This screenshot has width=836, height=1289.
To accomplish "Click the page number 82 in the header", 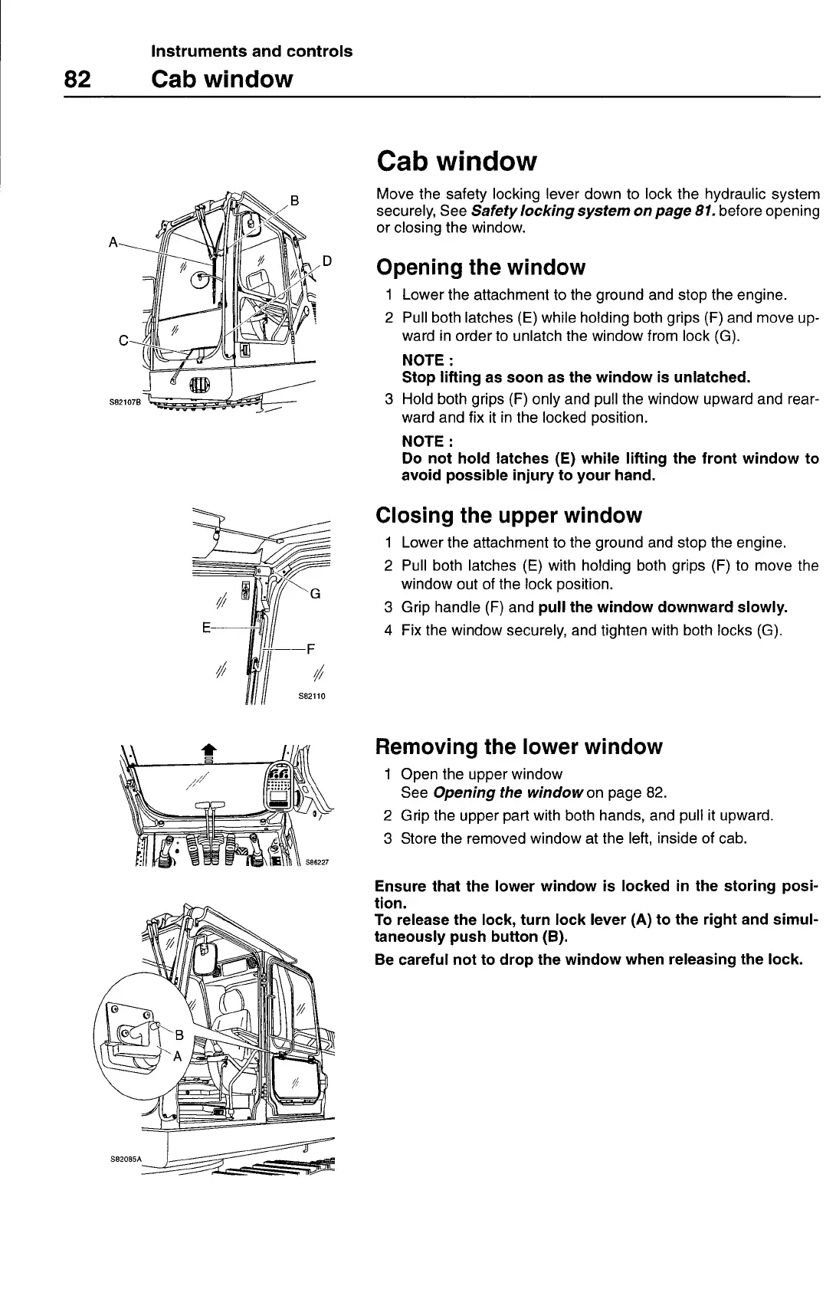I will click(x=78, y=80).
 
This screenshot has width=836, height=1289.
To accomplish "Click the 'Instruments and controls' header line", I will click(x=252, y=51).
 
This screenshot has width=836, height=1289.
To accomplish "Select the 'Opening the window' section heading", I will click(x=481, y=267).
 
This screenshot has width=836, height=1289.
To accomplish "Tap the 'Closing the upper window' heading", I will click(x=509, y=515).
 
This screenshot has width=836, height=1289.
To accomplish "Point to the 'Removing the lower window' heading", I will click(x=518, y=746).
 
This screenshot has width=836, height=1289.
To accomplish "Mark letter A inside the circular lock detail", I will click(x=177, y=1056).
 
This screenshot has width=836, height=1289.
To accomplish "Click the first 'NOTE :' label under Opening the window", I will click(x=422, y=360).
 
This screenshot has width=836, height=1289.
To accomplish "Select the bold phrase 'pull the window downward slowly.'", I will click(x=664, y=608).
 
